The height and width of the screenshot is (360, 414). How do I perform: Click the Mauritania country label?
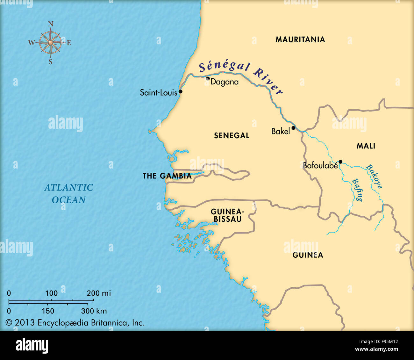[300, 40]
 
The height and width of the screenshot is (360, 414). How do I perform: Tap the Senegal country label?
[232, 136]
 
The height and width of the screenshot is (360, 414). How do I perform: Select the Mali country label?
[366, 146]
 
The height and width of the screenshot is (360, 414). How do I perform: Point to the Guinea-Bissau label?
[227, 215]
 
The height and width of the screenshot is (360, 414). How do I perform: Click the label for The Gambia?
[167, 176]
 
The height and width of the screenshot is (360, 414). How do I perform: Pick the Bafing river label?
[357, 190]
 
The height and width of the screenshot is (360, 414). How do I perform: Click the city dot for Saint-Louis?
[180, 91]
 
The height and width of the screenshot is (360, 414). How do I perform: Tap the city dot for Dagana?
[208, 78]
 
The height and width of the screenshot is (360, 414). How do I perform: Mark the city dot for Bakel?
[293, 128]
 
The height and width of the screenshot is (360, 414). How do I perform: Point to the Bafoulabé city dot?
[340, 162]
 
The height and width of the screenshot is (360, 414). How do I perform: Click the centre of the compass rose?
[50, 42]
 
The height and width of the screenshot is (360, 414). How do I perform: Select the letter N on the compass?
[50, 24]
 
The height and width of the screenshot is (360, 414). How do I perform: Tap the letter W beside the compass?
[31, 43]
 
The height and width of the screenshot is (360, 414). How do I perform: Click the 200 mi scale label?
[99, 293]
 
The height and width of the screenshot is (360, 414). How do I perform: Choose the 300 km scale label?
[94, 311]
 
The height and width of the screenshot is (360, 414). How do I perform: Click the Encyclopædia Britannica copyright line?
[75, 323]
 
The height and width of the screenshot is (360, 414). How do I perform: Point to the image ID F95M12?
[386, 342]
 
